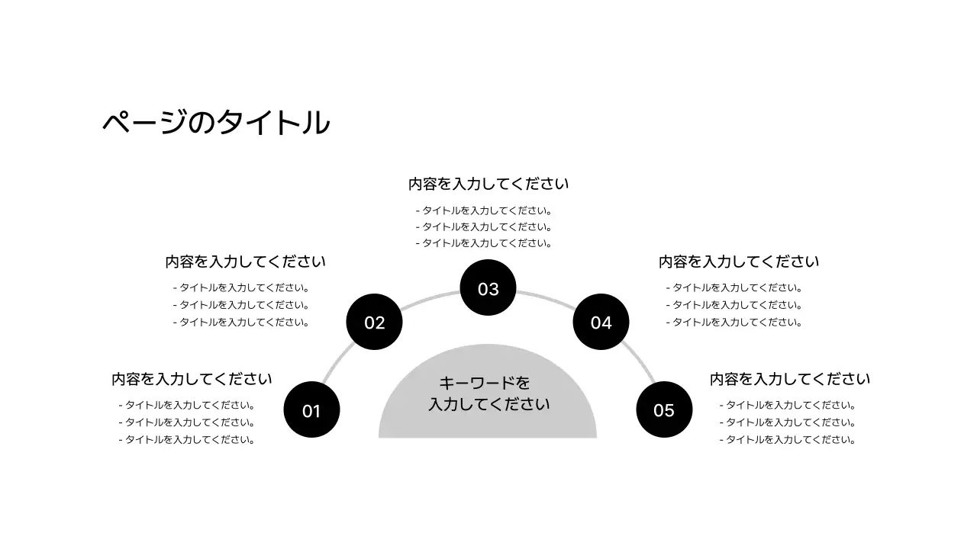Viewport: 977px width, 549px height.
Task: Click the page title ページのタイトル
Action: click(216, 123)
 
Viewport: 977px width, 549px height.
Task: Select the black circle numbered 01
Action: click(311, 410)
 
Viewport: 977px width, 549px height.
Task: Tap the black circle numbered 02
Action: click(374, 322)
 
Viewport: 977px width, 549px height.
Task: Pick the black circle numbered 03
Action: click(488, 289)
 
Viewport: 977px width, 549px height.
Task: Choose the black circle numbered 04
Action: click(601, 322)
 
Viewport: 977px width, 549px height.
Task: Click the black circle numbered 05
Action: click(664, 410)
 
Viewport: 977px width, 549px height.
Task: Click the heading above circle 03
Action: click(488, 184)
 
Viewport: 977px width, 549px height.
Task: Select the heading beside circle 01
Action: click(192, 379)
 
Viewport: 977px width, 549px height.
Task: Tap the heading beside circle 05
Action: click(790, 379)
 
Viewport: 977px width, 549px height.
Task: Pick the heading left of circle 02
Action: click(245, 262)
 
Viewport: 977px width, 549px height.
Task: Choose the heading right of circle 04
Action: click(739, 262)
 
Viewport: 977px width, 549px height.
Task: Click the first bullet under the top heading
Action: click(484, 210)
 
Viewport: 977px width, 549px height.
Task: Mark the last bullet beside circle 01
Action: click(187, 439)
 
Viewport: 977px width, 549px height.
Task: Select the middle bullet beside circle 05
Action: click(788, 422)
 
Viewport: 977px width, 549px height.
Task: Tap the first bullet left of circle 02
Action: click(241, 288)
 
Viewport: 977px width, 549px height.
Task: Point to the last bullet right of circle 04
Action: click(734, 322)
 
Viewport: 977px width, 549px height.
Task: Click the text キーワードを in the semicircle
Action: click(485, 383)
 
